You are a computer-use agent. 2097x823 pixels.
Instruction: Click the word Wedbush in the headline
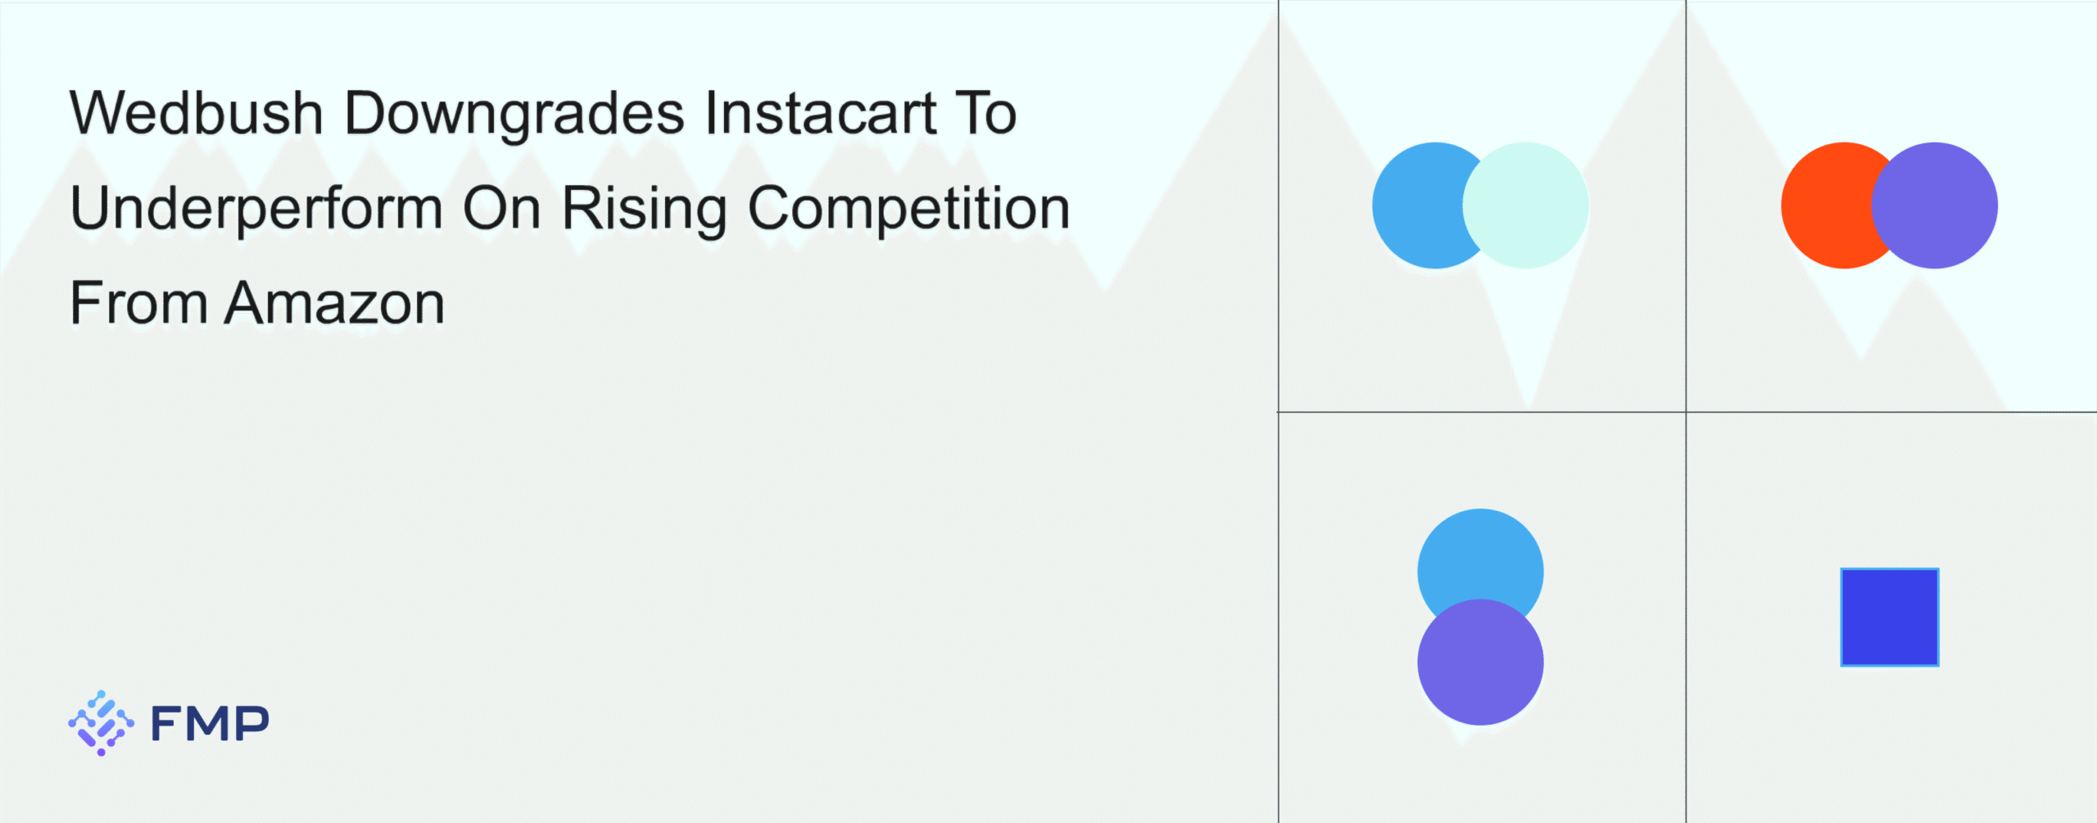coord(197,112)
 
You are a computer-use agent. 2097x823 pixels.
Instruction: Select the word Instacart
coord(820,112)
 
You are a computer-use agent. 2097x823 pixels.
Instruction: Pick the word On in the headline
coord(501,207)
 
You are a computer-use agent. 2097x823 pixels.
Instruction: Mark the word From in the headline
coord(138,303)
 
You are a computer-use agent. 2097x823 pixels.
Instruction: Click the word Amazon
coord(335,303)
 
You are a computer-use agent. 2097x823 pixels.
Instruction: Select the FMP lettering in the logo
coord(210,724)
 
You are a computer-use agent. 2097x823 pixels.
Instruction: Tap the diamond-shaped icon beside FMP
coord(102,723)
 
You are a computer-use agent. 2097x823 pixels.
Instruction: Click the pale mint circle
coord(1525,206)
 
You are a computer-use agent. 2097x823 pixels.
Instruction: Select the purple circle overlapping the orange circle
coord(1935,206)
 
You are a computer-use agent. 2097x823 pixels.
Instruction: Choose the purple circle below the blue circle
coord(1481,662)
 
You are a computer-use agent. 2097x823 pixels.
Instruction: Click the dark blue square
coord(1890,617)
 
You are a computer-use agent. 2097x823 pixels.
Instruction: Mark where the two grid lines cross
coord(1686,412)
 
